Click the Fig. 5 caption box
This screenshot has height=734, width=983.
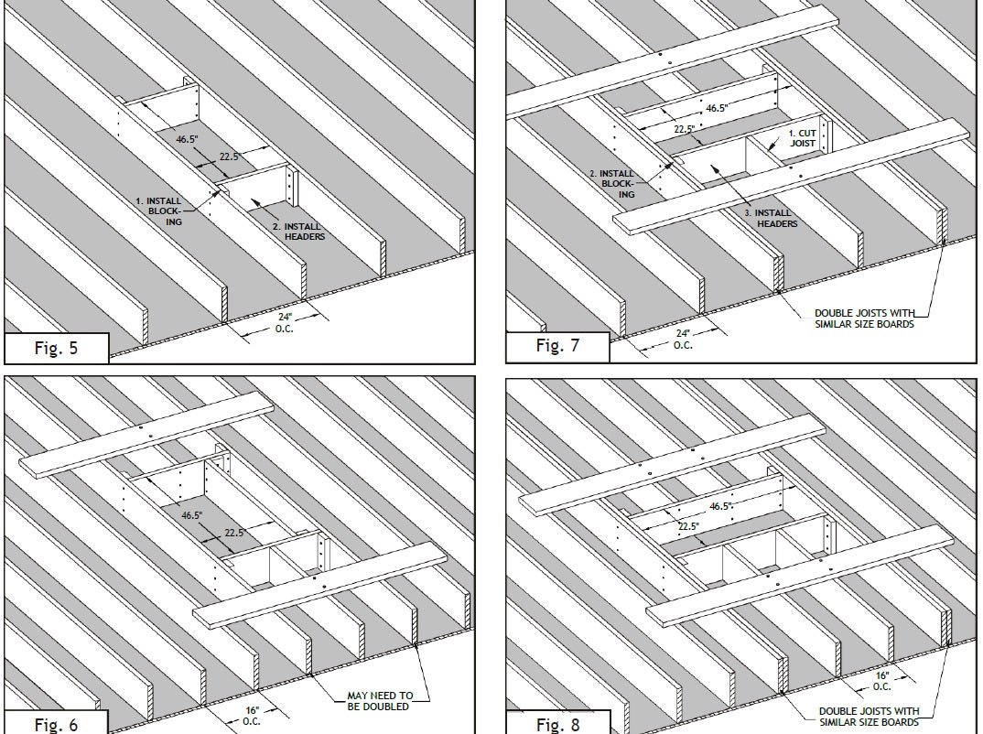(x=57, y=348)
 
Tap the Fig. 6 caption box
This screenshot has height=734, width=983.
(x=57, y=723)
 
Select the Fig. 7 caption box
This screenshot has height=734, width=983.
(x=558, y=346)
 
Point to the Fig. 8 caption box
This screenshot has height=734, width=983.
(x=558, y=723)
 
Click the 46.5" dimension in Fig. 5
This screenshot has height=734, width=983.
(x=187, y=139)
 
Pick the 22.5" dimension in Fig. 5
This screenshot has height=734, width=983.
(x=230, y=157)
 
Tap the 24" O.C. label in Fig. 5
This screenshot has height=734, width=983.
(x=285, y=323)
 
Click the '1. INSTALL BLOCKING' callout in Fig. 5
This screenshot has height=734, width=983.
(x=159, y=211)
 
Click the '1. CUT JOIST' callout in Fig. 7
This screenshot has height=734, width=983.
(x=803, y=138)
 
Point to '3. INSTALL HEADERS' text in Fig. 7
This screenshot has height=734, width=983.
(x=771, y=218)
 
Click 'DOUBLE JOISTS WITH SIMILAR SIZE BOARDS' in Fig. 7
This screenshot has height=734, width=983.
(x=865, y=318)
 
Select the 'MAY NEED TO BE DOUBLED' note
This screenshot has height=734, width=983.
(x=380, y=701)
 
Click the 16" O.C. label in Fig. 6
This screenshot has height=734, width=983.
(x=252, y=716)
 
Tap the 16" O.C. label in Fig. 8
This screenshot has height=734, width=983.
(x=882, y=681)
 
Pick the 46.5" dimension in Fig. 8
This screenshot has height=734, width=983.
(x=721, y=506)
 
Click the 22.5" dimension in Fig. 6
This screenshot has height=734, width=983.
(x=235, y=533)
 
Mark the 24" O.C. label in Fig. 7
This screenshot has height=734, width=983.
(x=684, y=340)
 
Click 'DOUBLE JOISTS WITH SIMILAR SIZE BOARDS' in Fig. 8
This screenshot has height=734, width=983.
(x=869, y=717)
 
